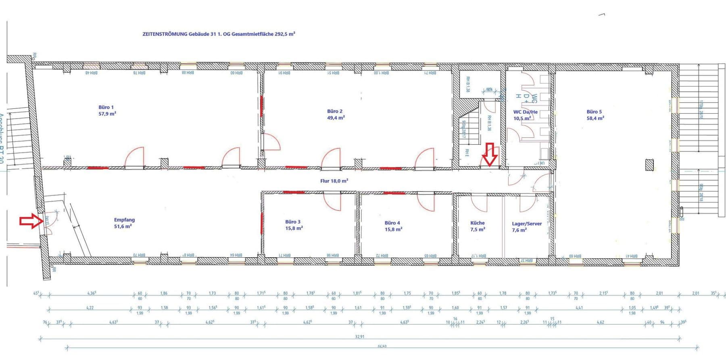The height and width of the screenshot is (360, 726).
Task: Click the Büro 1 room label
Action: pyautogui.click(x=106, y=107)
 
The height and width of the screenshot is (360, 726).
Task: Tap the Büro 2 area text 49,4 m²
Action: pyautogui.click(x=336, y=118)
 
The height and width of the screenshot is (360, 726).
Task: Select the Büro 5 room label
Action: pyautogui.click(x=594, y=112)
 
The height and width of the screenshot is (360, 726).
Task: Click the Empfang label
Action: pyautogui.click(x=124, y=220)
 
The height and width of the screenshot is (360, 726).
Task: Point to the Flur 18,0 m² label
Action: pyautogui.click(x=334, y=181)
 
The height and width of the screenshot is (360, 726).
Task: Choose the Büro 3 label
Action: pyautogui.click(x=293, y=222)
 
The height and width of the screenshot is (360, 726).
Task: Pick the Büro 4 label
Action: pyautogui.click(x=392, y=223)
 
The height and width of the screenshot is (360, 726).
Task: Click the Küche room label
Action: pyautogui.click(x=477, y=223)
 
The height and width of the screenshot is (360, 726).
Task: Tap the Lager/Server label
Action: pyautogui.click(x=526, y=223)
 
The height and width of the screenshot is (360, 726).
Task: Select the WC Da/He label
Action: pyautogui.click(x=525, y=112)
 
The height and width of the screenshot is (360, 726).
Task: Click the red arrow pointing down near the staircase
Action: pyautogui.click(x=490, y=154)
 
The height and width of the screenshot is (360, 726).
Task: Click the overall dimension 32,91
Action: pyautogui.click(x=359, y=337)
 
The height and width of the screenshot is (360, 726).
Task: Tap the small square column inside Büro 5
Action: pyautogui.click(x=649, y=165)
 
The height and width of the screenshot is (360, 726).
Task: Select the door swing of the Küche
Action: pyautogui.click(x=479, y=204)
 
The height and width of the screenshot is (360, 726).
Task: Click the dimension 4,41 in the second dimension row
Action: pyautogui.click(x=579, y=308)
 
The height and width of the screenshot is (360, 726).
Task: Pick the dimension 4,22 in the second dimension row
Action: pyautogui.click(x=90, y=308)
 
